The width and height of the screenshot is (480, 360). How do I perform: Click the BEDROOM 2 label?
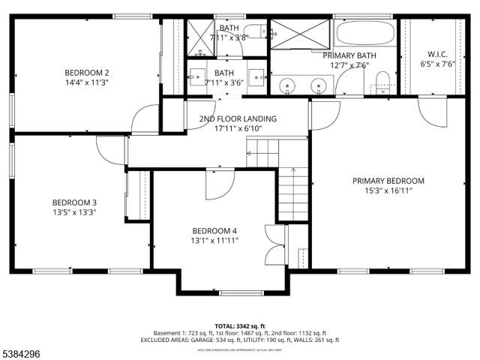(86, 73)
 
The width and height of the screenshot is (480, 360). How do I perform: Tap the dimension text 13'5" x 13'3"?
(74, 212)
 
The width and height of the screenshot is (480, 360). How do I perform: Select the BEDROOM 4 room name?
(214, 230)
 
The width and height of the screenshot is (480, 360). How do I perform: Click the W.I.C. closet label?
(437, 54)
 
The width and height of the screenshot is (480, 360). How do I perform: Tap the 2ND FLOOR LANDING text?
(238, 118)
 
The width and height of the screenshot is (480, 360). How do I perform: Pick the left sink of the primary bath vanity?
(289, 85)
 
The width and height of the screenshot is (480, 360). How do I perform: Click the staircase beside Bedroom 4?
(292, 193)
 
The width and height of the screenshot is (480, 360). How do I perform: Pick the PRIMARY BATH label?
(350, 55)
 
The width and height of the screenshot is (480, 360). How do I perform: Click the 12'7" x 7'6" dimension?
(350, 64)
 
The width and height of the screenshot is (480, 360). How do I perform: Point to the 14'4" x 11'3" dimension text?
(86, 82)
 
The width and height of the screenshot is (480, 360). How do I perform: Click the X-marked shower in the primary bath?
(300, 33)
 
